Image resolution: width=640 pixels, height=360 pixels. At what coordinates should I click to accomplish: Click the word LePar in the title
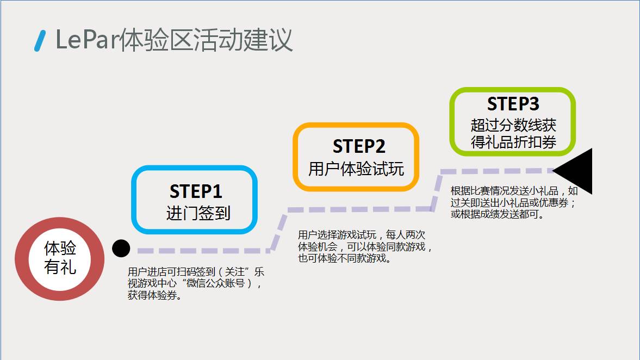[86, 40]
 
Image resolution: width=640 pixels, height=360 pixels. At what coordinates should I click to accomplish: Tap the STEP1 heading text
[196, 191]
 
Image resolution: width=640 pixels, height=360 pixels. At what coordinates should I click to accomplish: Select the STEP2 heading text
[359, 146]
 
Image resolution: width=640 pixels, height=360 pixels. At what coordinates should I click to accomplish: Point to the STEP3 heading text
[513, 104]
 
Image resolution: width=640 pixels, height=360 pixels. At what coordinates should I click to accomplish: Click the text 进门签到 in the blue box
[198, 213]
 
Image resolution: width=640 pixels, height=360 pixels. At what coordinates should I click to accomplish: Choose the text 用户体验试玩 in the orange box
[356, 169]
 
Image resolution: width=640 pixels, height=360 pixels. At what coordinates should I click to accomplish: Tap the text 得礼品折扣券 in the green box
[513, 142]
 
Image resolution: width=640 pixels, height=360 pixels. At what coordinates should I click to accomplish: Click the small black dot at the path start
[121, 249]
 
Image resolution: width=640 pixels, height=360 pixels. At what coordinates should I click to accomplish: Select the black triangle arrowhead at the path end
[576, 171]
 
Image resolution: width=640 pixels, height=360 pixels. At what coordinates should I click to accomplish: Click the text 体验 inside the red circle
[60, 249]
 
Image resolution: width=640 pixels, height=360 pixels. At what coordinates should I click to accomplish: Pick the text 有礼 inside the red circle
[60, 267]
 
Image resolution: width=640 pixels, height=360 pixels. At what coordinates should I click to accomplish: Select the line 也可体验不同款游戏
[344, 258]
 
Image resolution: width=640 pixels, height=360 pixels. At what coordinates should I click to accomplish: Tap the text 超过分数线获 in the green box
[513, 125]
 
